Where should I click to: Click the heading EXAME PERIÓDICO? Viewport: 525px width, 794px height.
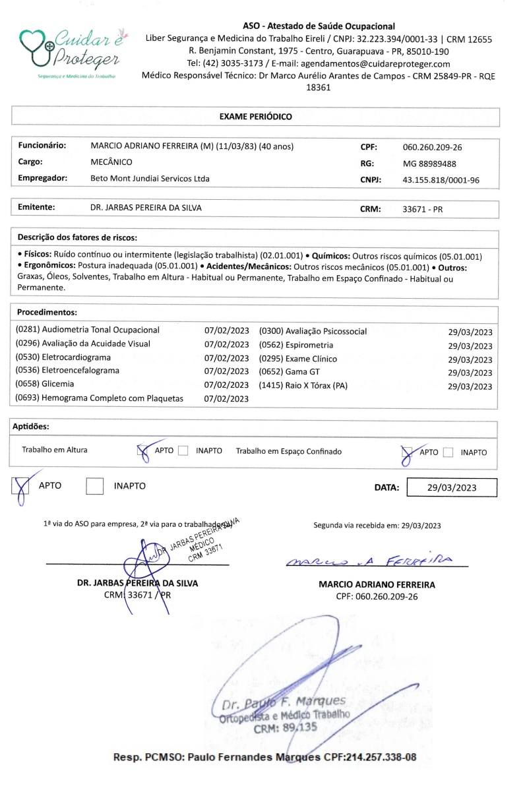(x=255, y=117)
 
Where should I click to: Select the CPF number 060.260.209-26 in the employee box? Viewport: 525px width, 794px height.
(x=432, y=147)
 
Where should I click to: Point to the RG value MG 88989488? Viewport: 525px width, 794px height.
(x=429, y=164)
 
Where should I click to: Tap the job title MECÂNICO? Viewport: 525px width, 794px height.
(x=111, y=162)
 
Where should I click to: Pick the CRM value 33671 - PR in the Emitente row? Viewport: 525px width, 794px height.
(x=423, y=209)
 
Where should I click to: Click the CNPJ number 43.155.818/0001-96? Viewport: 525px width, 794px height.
(x=441, y=180)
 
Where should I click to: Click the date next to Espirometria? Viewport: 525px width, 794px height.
(x=470, y=346)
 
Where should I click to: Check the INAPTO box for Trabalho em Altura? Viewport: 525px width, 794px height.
(x=183, y=451)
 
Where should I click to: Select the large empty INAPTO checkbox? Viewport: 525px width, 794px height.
(x=96, y=486)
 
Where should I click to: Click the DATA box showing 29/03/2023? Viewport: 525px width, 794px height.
(x=452, y=488)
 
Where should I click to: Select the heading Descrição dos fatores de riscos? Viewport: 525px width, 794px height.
(x=77, y=236)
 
